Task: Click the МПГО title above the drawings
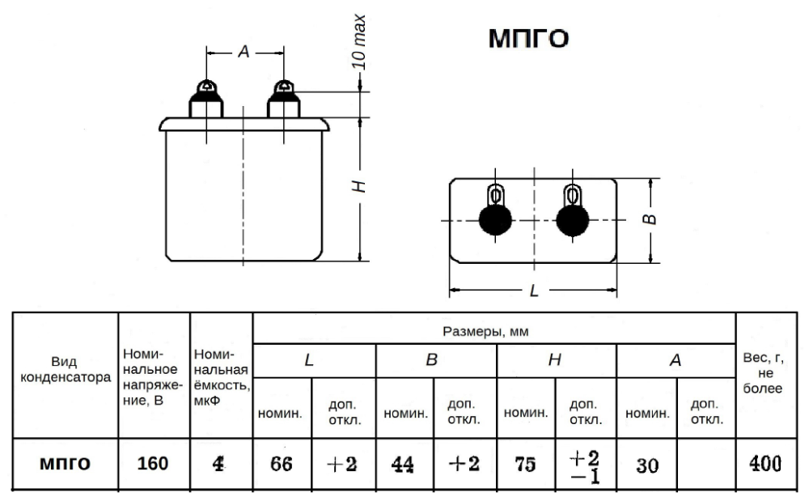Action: [528, 39]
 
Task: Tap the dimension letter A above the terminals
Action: [244, 52]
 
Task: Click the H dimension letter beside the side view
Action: [359, 186]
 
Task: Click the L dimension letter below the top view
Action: [534, 291]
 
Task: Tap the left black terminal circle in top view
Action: [495, 220]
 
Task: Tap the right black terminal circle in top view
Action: [572, 220]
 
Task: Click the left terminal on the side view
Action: [206, 100]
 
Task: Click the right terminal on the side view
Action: [283, 100]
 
